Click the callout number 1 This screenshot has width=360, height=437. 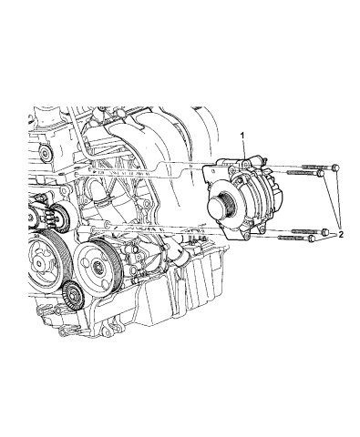pos(242,136)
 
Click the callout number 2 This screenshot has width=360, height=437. pos(341,234)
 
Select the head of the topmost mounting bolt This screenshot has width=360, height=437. pos(335,168)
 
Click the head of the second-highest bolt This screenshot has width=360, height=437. pos(320,173)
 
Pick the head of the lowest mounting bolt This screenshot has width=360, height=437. pos(312,239)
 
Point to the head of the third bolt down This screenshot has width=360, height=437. pos(324,232)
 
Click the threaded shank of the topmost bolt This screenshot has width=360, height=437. pos(317,167)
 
